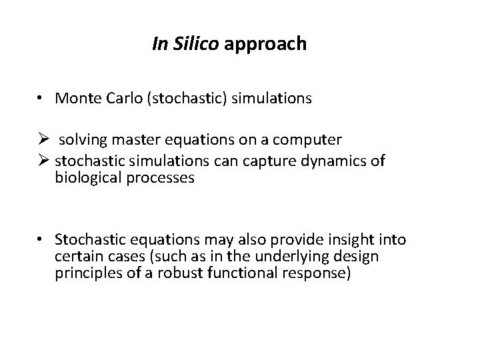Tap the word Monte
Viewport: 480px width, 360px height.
point(77,99)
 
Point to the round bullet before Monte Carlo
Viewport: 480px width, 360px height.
point(42,99)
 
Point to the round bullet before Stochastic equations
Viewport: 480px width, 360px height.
point(42,239)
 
